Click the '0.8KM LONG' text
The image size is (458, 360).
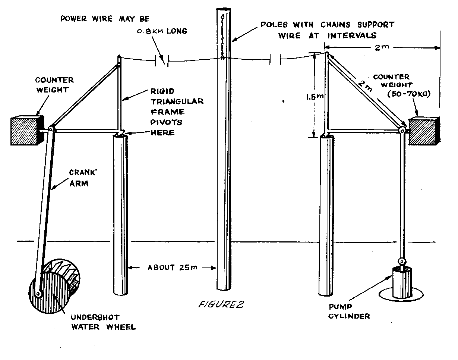tap(161, 31)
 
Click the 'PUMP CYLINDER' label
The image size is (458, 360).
tap(349, 312)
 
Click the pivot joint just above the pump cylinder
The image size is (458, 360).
tap(401, 261)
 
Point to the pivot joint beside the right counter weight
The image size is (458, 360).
tap(402, 131)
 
